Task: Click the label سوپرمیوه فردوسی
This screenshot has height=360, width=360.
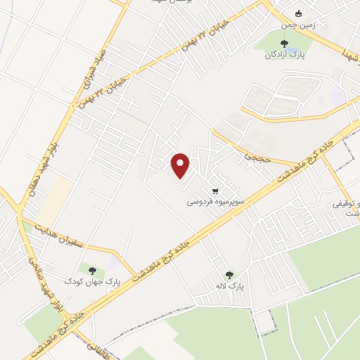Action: click(x=215, y=201)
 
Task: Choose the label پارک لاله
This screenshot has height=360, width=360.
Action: click(x=229, y=285)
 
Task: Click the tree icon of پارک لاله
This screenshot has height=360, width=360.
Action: click(x=229, y=275)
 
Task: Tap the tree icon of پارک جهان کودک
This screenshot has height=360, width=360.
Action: click(x=91, y=269)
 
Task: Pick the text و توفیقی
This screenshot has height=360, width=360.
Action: click(x=345, y=205)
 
